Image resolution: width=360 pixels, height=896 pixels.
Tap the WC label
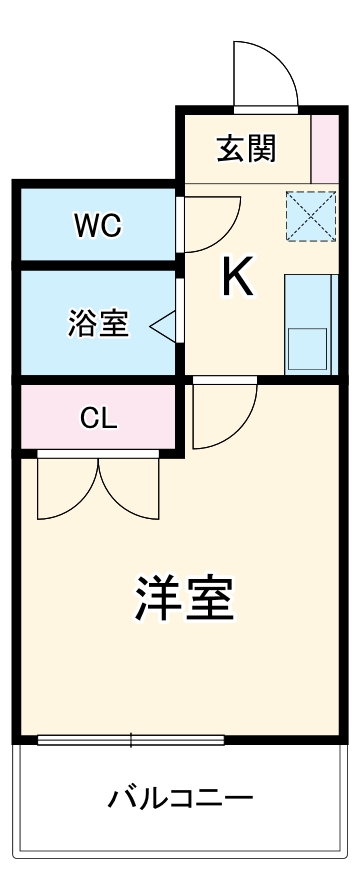click(97, 226)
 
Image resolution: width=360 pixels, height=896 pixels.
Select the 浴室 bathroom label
click(98, 324)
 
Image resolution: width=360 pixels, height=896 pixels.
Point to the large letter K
click(237, 277)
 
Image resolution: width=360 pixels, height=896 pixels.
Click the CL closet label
click(99, 419)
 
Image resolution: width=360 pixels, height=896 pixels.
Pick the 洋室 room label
click(184, 597)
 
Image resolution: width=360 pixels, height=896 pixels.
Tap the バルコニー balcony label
click(181, 800)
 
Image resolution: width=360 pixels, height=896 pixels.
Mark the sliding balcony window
click(131, 741)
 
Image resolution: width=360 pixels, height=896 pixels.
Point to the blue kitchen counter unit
click(308, 323)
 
